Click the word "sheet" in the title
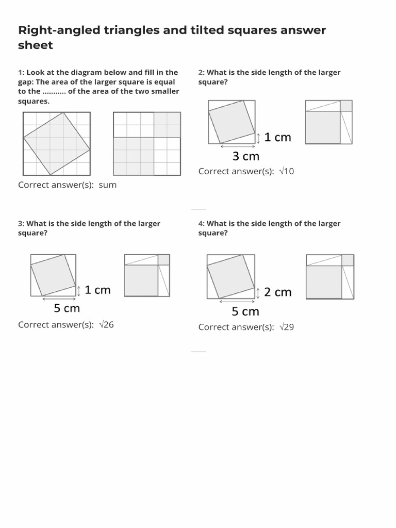click(x=36, y=45)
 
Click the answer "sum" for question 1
click(x=107, y=185)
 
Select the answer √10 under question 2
click(x=285, y=171)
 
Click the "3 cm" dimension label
click(x=245, y=156)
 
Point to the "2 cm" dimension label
click(x=277, y=292)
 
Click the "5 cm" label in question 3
click(x=67, y=308)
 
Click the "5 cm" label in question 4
click(x=245, y=311)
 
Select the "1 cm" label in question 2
click(x=277, y=137)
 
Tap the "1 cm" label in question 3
click(x=97, y=290)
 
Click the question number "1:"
click(x=21, y=72)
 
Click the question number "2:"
click(x=202, y=72)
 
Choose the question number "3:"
click(x=21, y=223)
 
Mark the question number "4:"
click(x=202, y=223)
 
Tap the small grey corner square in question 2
click(x=346, y=106)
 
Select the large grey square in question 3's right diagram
click(x=141, y=280)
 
